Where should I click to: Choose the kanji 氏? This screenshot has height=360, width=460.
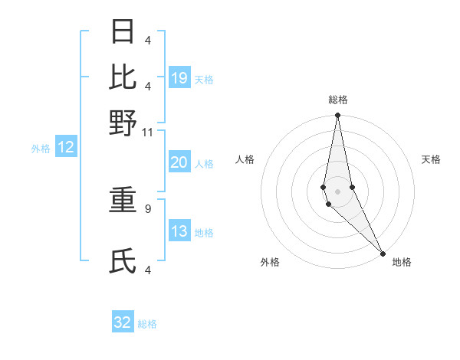tap(123, 262)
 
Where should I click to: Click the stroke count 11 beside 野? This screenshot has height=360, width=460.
tap(148, 133)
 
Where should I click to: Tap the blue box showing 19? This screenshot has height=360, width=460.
tap(179, 78)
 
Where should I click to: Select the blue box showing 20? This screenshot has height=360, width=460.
tap(179, 162)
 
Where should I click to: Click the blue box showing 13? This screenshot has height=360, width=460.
tap(179, 231)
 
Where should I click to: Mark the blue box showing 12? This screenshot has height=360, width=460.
tap(66, 148)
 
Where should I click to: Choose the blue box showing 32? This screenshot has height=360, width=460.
tap(123, 322)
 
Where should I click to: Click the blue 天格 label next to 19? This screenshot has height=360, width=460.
tap(204, 79)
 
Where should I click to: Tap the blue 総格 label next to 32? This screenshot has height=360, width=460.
tap(147, 323)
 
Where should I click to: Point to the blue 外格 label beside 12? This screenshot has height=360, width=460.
tap(41, 149)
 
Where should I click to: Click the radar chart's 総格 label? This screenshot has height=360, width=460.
tap(337, 100)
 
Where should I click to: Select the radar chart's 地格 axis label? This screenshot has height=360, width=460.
tap(402, 262)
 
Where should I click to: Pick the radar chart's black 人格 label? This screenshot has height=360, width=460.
tap(245, 159)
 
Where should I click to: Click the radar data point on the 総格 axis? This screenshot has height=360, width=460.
tap(337, 116)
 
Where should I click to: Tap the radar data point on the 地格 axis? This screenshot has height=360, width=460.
tap(383, 252)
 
